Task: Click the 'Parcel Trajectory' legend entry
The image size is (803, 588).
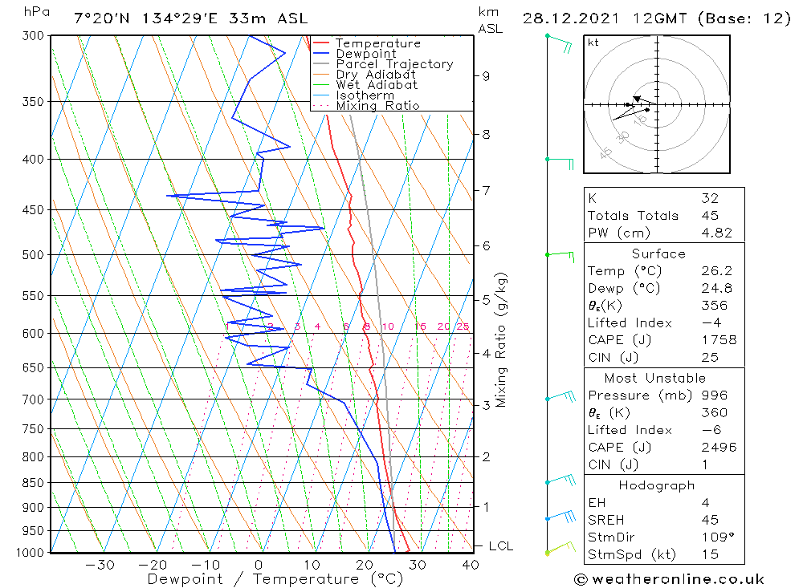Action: [394, 64]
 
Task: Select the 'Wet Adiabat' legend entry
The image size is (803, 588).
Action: [376, 85]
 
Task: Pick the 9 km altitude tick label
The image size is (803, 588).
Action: [486, 76]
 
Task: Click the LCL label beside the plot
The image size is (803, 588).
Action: [500, 546]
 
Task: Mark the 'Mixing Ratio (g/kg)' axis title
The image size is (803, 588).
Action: [502, 340]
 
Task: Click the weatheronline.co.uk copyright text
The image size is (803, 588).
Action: [670, 579]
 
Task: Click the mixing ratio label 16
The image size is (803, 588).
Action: [420, 326]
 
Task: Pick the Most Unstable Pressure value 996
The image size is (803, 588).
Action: [714, 395]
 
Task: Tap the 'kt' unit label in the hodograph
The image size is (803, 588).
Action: [593, 43]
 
